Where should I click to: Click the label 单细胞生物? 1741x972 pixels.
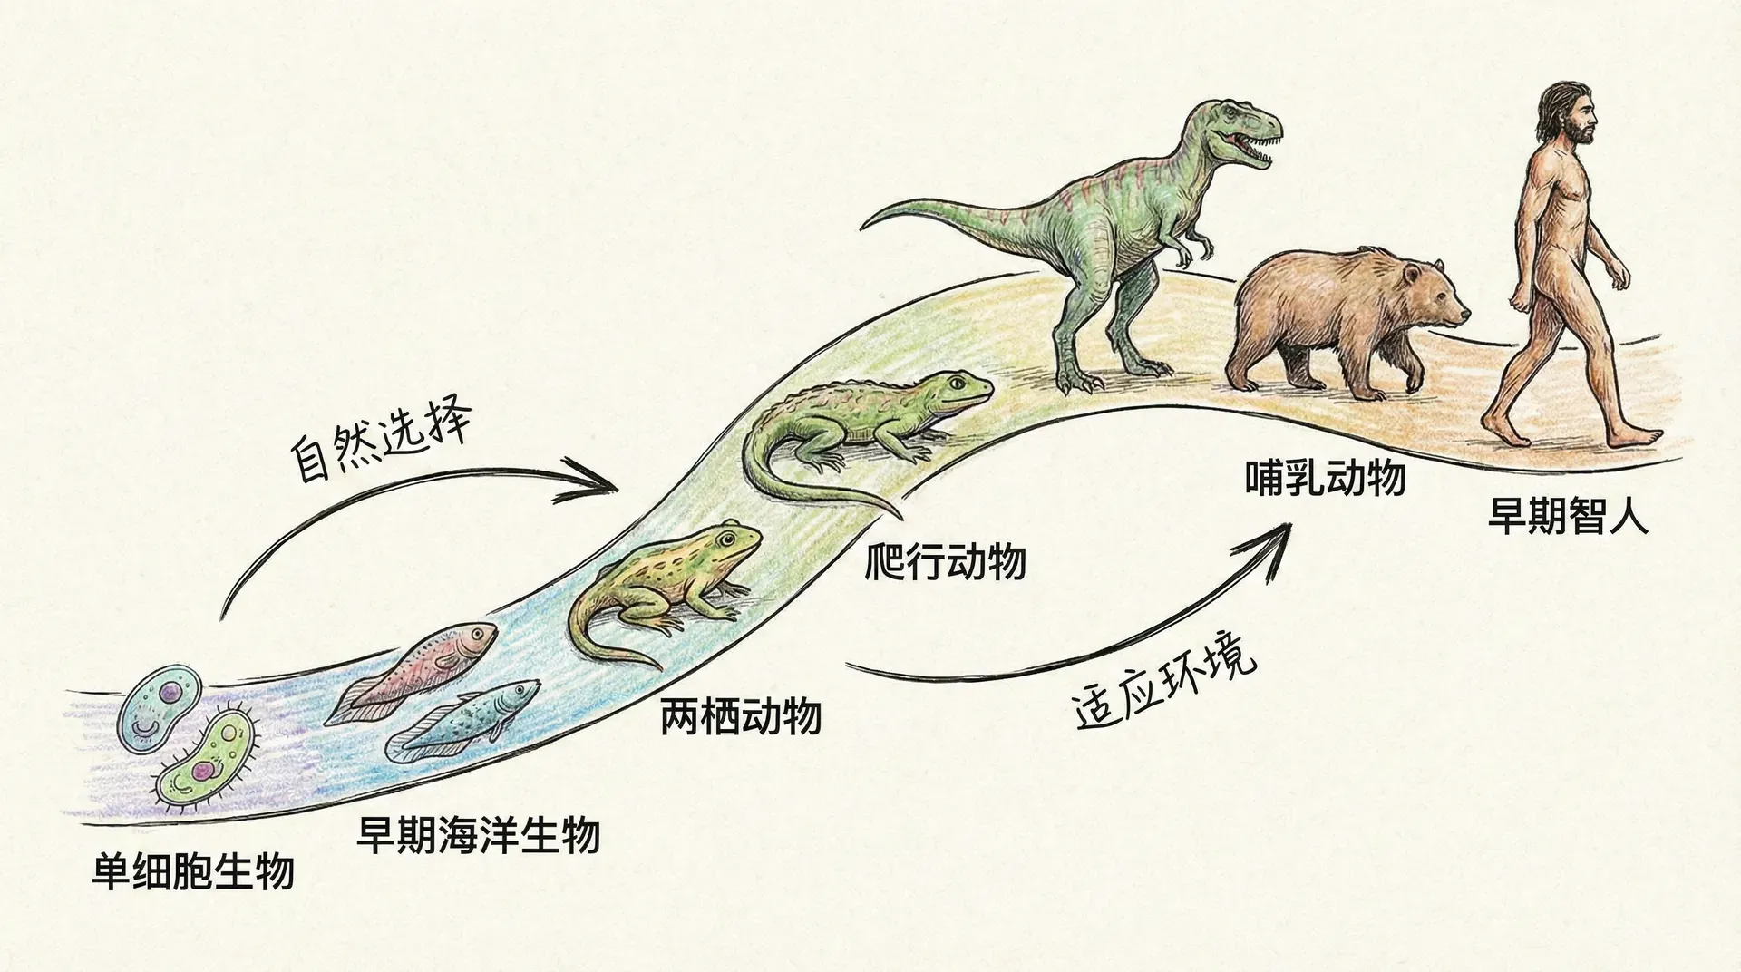pos(194,871)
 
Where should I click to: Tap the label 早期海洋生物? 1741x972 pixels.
pos(478,835)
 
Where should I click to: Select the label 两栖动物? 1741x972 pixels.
pos(741,716)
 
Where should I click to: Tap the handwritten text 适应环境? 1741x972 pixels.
pos(1166,686)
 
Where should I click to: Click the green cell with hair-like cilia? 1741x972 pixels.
pos(205,762)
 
